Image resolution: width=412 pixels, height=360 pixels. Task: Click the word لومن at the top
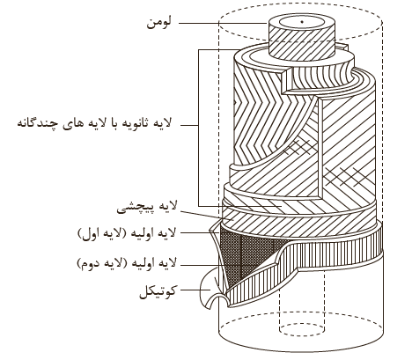158,23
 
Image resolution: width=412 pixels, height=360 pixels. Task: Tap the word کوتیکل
158,291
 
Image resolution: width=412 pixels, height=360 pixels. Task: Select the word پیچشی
131,208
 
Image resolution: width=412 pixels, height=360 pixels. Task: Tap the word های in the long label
72,123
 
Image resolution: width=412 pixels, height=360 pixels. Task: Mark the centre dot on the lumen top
302,21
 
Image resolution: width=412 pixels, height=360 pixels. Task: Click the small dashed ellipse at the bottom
302,329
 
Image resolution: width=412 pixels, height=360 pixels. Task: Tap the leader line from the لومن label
223,23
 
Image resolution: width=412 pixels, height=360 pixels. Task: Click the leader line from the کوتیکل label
195,290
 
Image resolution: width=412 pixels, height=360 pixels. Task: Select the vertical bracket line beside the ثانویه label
199,128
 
